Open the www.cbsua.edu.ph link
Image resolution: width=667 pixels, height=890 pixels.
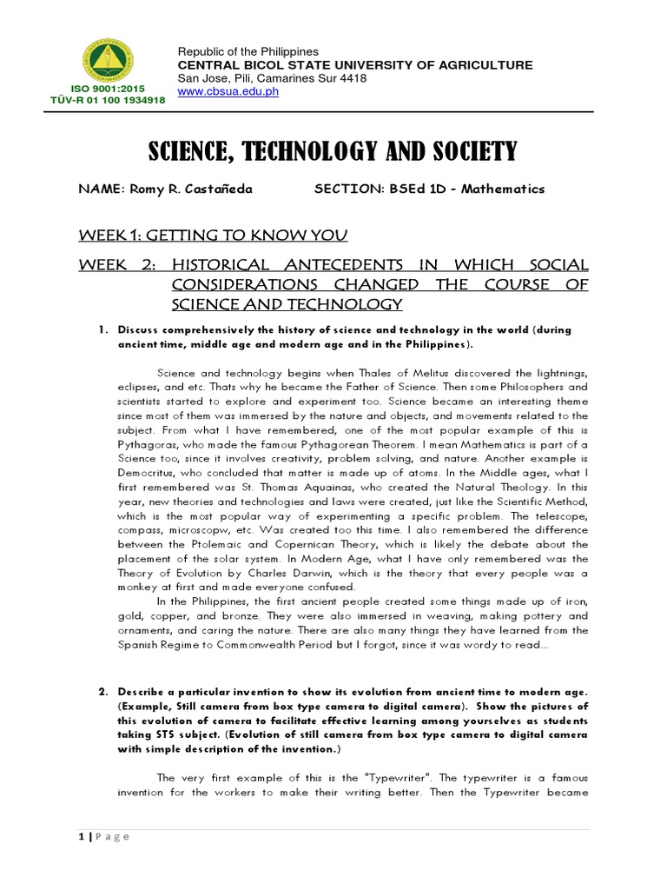[x=228, y=92]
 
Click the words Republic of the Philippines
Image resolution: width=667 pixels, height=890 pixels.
[x=248, y=53]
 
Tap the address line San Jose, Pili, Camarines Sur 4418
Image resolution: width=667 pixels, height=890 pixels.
[x=272, y=79]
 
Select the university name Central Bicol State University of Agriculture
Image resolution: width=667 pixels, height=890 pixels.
[x=355, y=66]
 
